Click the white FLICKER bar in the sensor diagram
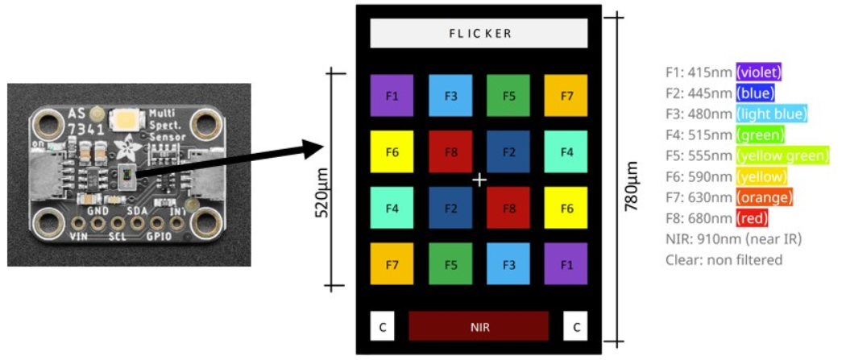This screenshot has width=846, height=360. coord(479,34)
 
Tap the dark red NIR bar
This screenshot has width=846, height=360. coord(479,326)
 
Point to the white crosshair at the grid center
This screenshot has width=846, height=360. coord(479,180)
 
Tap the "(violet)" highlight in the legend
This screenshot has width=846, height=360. coord(758,72)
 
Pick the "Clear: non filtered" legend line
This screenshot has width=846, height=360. coord(724,260)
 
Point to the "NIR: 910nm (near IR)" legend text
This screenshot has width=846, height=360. coord(733,239)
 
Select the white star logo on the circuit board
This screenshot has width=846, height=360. coord(127,147)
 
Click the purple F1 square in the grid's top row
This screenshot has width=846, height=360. coord(392,96)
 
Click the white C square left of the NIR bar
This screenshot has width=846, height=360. coord(382,326)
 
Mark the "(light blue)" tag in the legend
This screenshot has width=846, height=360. coord(771,114)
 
